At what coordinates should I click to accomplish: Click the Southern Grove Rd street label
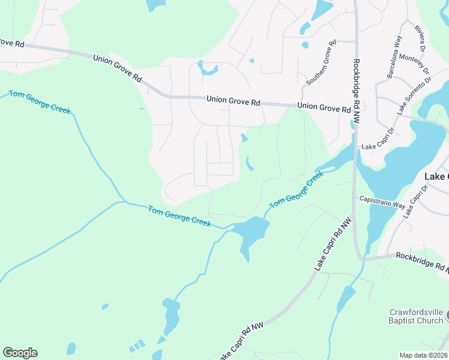322,63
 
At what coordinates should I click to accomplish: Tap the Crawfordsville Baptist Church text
416,316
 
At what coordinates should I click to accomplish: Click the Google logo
20,353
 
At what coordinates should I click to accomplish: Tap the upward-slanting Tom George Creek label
296,190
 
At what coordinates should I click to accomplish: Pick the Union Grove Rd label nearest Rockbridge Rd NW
324,108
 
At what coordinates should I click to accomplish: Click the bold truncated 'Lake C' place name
436,177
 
